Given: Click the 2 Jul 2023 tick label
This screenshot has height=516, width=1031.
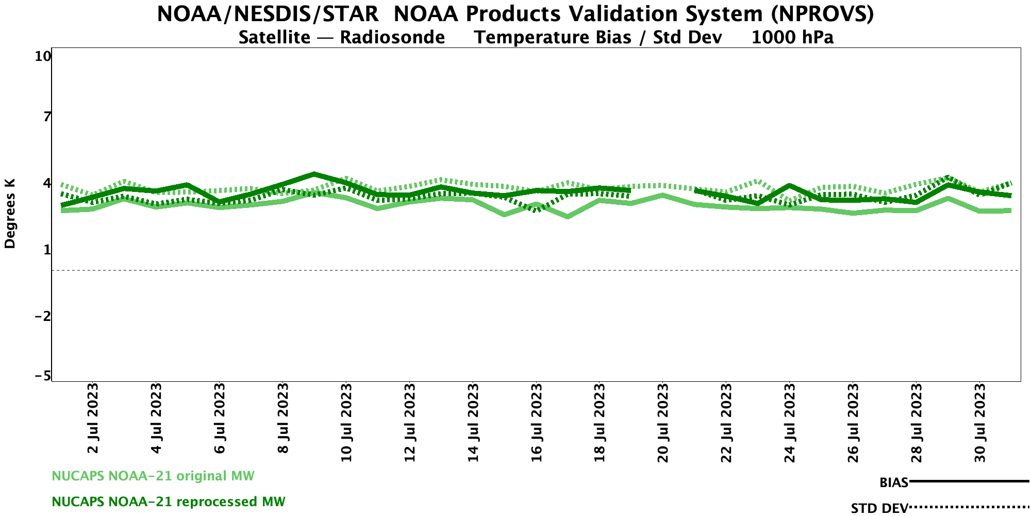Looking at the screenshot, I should (93, 418).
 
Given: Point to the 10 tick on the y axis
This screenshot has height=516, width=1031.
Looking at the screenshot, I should (43, 56).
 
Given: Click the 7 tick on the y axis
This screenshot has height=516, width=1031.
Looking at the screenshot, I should (47, 117).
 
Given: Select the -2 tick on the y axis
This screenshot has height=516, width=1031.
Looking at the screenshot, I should (43, 316).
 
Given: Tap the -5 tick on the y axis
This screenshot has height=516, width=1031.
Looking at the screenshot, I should (43, 377).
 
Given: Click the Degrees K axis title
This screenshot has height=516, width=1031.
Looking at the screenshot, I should (10, 214).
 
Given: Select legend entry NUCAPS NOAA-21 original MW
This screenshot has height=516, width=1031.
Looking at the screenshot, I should (153, 476).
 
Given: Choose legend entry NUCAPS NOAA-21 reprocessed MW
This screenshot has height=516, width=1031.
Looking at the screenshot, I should (169, 502).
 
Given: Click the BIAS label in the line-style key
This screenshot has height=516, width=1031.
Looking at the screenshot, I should (893, 483).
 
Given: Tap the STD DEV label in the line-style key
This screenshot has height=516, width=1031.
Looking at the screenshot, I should (879, 508).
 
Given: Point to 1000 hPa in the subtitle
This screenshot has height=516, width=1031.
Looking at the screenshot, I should (792, 38).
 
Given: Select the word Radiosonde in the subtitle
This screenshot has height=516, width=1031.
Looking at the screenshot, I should (392, 38).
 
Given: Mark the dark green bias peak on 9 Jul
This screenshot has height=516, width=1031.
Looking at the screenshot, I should (314, 174).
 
